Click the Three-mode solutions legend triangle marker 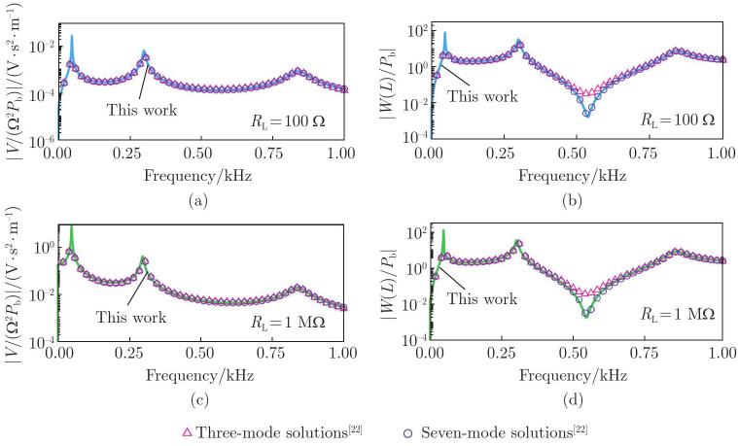click(x=187, y=432)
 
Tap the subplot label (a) click(x=197, y=201)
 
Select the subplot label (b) click(x=572, y=201)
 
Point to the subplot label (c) click(x=199, y=400)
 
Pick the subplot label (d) click(x=573, y=400)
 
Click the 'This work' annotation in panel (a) click(x=142, y=110)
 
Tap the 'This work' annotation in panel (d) click(x=482, y=298)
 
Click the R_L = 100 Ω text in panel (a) click(x=288, y=121)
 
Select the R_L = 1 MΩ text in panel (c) click(x=288, y=323)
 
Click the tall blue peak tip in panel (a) click(x=72, y=35)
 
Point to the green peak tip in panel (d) click(x=443, y=230)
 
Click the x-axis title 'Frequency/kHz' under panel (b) click(x=573, y=176)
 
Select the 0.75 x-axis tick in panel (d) click(x=646, y=353)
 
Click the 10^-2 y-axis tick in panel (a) click(x=43, y=47)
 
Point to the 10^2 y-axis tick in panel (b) click(x=417, y=32)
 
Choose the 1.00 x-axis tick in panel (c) click(x=342, y=353)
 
